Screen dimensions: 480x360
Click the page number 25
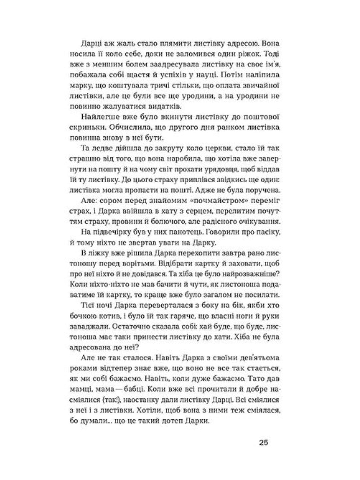[x=263, y=443]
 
